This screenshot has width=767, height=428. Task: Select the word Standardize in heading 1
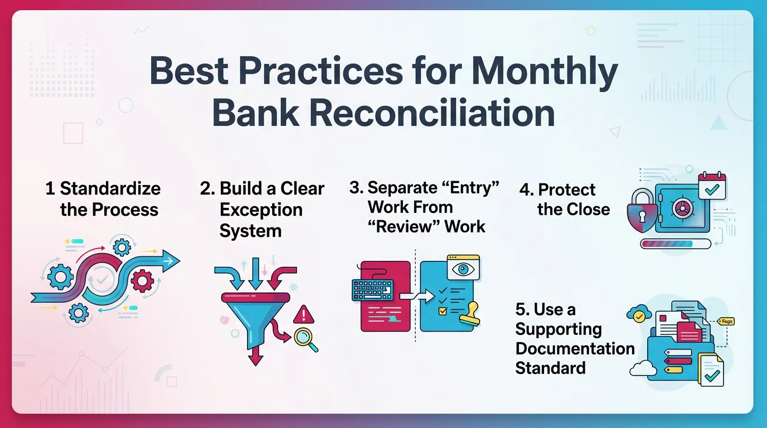coord(110,188)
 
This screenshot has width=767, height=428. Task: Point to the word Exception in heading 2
coord(261,210)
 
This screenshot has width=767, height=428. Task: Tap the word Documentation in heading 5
coord(575,348)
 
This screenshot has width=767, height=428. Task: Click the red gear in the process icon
coord(143,280)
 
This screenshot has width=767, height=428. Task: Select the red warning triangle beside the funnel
coord(303,315)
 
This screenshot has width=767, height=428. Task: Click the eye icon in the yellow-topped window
coord(463,269)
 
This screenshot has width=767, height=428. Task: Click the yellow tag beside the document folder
coord(726,322)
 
